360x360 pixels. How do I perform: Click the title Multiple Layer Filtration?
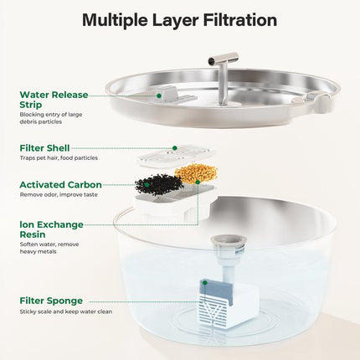click(x=180, y=19)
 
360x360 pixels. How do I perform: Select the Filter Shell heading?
click(x=44, y=147)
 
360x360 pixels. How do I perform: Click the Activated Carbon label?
click(x=60, y=184)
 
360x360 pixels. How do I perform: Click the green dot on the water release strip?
click(x=159, y=96)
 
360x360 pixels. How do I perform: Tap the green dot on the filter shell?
click(x=175, y=148)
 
